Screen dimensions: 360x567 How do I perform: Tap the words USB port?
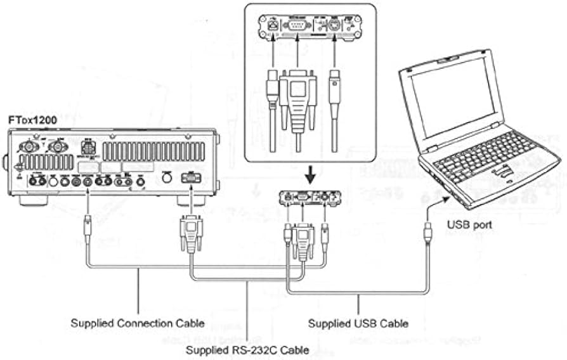pos(470,224)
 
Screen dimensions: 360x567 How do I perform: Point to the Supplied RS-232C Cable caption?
pos(247,349)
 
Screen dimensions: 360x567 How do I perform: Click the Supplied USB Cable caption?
pos(358,323)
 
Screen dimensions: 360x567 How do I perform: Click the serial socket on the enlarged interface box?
pos(296,27)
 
